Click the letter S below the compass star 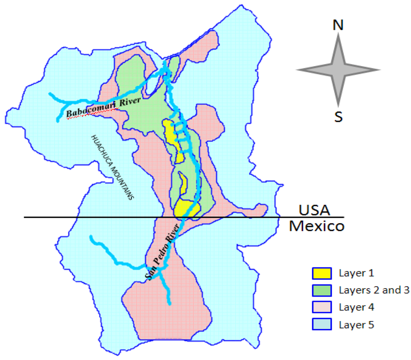point(338,117)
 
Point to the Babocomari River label point(104,107)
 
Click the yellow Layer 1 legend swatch point(321,273)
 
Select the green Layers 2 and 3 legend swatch point(321,290)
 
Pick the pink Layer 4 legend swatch point(321,307)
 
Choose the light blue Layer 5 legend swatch point(321,324)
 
